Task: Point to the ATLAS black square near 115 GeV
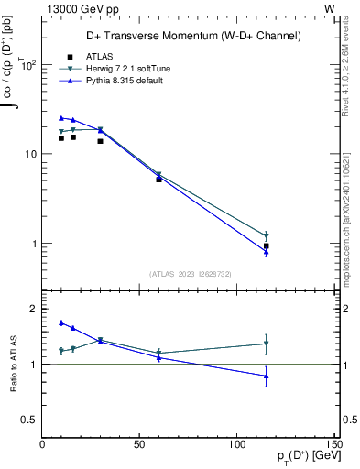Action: (266, 245)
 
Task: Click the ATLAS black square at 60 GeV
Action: (158, 180)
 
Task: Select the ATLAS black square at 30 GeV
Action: (100, 140)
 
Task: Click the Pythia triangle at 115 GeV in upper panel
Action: (266, 253)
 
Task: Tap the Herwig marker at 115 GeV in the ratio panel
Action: (266, 344)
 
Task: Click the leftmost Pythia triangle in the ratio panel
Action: (61, 322)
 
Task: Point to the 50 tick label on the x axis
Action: (140, 444)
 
